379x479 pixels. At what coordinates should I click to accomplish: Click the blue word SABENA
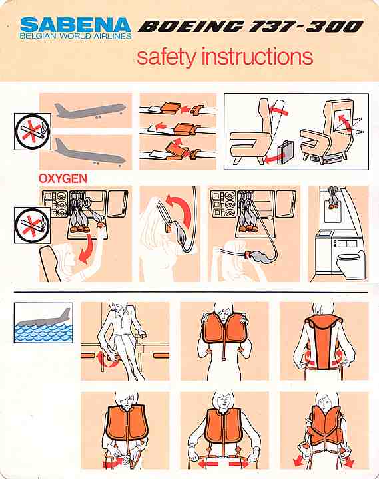coord(75,25)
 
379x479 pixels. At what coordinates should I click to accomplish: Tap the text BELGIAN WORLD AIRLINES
coord(75,36)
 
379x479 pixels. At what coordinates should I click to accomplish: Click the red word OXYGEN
coord(63,178)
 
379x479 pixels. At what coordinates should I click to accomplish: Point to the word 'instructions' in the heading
coord(258,56)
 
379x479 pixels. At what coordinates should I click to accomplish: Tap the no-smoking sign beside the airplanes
coord(33,132)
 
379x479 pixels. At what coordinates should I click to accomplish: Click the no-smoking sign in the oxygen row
coord(32,226)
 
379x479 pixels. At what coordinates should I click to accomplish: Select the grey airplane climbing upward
coord(90,110)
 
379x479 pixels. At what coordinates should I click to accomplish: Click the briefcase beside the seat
coord(285,152)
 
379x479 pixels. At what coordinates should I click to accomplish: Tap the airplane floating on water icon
coord(43,323)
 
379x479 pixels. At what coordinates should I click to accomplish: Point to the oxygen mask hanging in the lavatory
coord(334,198)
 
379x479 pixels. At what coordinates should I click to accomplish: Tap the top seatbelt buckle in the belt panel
coord(171,108)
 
